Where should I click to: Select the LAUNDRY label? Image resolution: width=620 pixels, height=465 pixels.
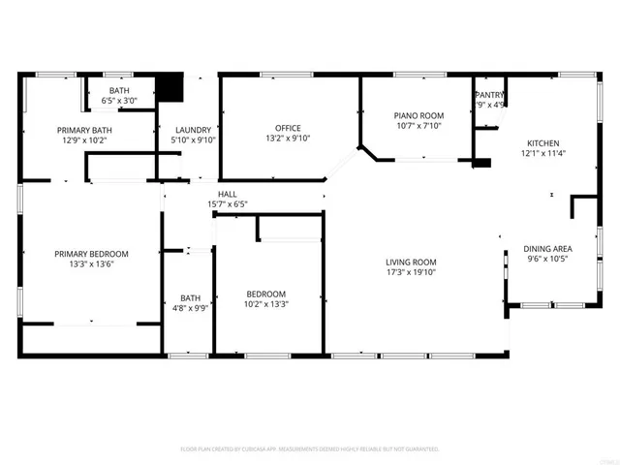pyautogui.click(x=193, y=130)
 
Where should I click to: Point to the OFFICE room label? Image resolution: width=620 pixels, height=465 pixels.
pyautogui.click(x=288, y=128)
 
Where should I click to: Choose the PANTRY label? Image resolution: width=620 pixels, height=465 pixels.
pyautogui.click(x=489, y=95)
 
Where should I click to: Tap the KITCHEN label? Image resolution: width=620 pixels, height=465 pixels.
pyautogui.click(x=542, y=141)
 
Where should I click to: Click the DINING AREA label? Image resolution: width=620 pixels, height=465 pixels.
pyautogui.click(x=547, y=248)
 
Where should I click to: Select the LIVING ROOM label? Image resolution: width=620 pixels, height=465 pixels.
pyautogui.click(x=411, y=262)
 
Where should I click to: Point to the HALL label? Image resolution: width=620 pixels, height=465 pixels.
pyautogui.click(x=228, y=194)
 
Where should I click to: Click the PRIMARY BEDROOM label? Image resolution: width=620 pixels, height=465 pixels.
pyautogui.click(x=91, y=254)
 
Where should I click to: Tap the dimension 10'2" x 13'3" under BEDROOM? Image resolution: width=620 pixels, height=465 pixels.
pyautogui.click(x=265, y=304)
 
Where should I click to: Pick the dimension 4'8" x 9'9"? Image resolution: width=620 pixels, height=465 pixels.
pyautogui.click(x=189, y=308)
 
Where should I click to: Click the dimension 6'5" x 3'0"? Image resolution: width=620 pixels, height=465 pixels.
pyautogui.click(x=119, y=100)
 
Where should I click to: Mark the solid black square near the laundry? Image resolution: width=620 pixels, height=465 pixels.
pyautogui.click(x=171, y=87)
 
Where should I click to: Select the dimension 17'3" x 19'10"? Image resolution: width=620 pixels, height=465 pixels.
pyautogui.click(x=411, y=272)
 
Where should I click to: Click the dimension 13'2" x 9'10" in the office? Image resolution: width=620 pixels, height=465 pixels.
pyautogui.click(x=288, y=139)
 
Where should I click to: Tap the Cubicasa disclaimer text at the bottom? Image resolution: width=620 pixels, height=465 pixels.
pyautogui.click(x=310, y=449)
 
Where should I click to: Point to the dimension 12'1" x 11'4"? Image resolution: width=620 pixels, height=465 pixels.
pyautogui.click(x=542, y=152)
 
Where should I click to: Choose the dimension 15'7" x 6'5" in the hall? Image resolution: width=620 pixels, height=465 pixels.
pyautogui.click(x=228, y=203)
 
